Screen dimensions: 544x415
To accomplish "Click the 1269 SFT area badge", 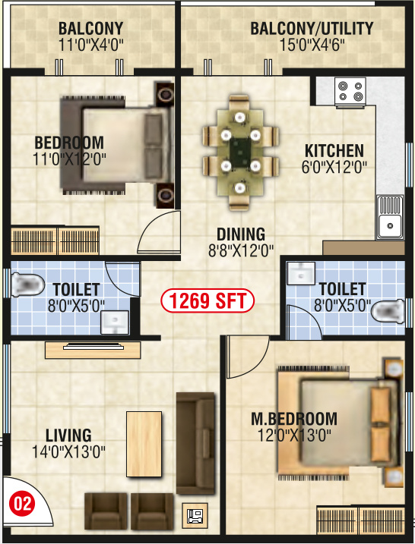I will (x=207, y=301).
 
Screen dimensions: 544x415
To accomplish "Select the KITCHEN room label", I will (x=334, y=150).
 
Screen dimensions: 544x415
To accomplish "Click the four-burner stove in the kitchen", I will (x=350, y=92).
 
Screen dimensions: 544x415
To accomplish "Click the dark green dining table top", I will (x=241, y=149).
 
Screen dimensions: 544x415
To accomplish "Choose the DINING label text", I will (x=240, y=234).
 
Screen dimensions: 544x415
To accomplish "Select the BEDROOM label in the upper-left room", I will (x=69, y=143).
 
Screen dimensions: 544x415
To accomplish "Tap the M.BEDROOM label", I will (x=294, y=420).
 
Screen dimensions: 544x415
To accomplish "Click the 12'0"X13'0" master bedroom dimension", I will (x=295, y=436).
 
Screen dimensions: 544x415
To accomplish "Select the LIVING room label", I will (x=68, y=436).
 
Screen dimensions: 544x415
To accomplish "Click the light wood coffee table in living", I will (x=144, y=443).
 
